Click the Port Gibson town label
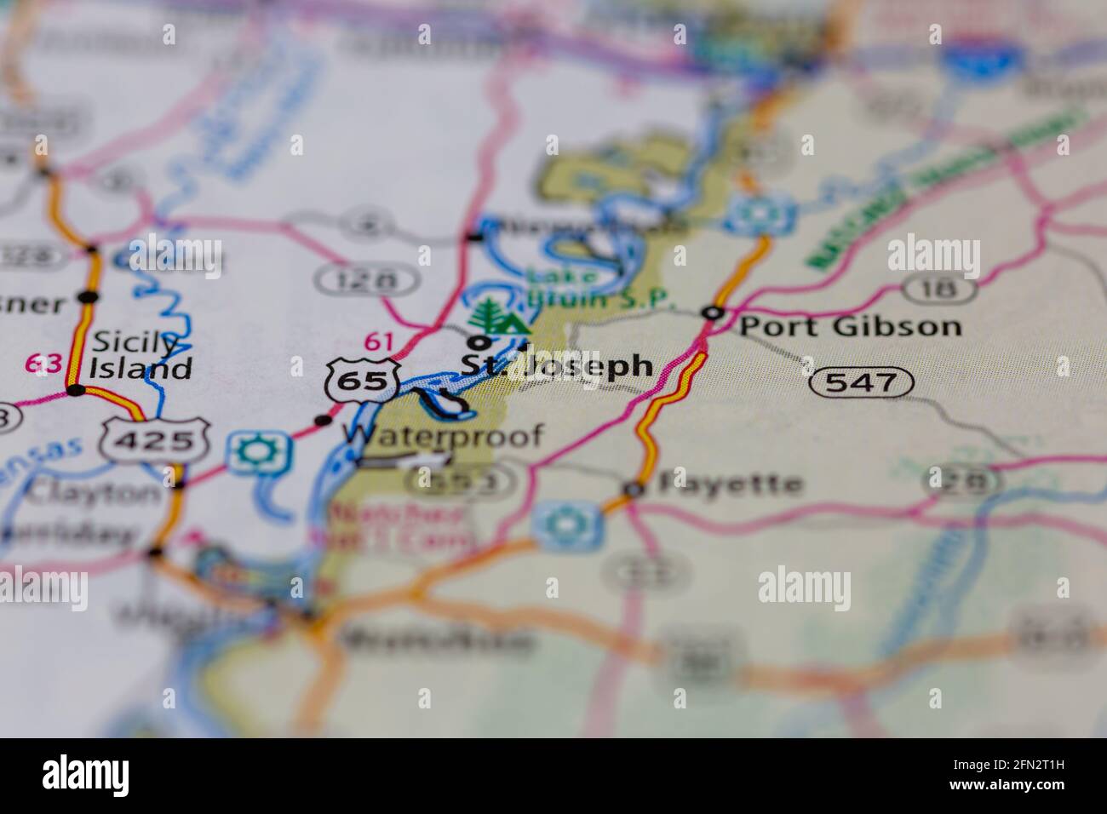(850, 326)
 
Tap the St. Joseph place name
(558, 366)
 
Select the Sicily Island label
(141, 356)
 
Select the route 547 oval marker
(861, 382)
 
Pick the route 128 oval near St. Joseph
(366, 278)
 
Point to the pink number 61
(379, 342)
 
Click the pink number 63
(44, 364)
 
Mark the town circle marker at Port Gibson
(712, 313)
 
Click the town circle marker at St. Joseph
(481, 343)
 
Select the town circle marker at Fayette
(633, 489)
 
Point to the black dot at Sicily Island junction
(77, 391)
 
